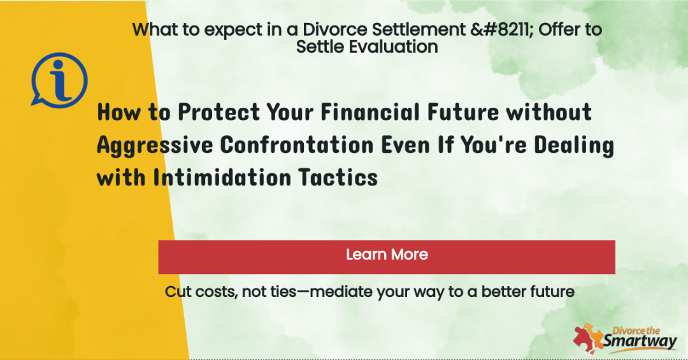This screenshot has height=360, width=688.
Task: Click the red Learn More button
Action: (x=387, y=257)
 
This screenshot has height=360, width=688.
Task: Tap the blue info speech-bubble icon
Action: (x=59, y=80)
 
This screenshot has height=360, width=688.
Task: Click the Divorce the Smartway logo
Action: (x=626, y=338)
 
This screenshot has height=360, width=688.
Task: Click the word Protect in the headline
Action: (x=219, y=112)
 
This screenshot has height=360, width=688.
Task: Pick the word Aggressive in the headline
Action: (x=155, y=145)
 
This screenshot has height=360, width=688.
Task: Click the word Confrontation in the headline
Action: (x=297, y=145)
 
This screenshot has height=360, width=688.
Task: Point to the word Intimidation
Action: (x=222, y=178)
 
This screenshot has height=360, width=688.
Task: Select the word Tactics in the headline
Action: (x=338, y=178)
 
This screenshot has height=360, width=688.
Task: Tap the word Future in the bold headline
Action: (x=463, y=112)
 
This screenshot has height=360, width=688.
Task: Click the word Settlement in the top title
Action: (x=419, y=29)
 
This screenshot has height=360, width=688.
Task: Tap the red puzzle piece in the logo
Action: (x=583, y=340)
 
